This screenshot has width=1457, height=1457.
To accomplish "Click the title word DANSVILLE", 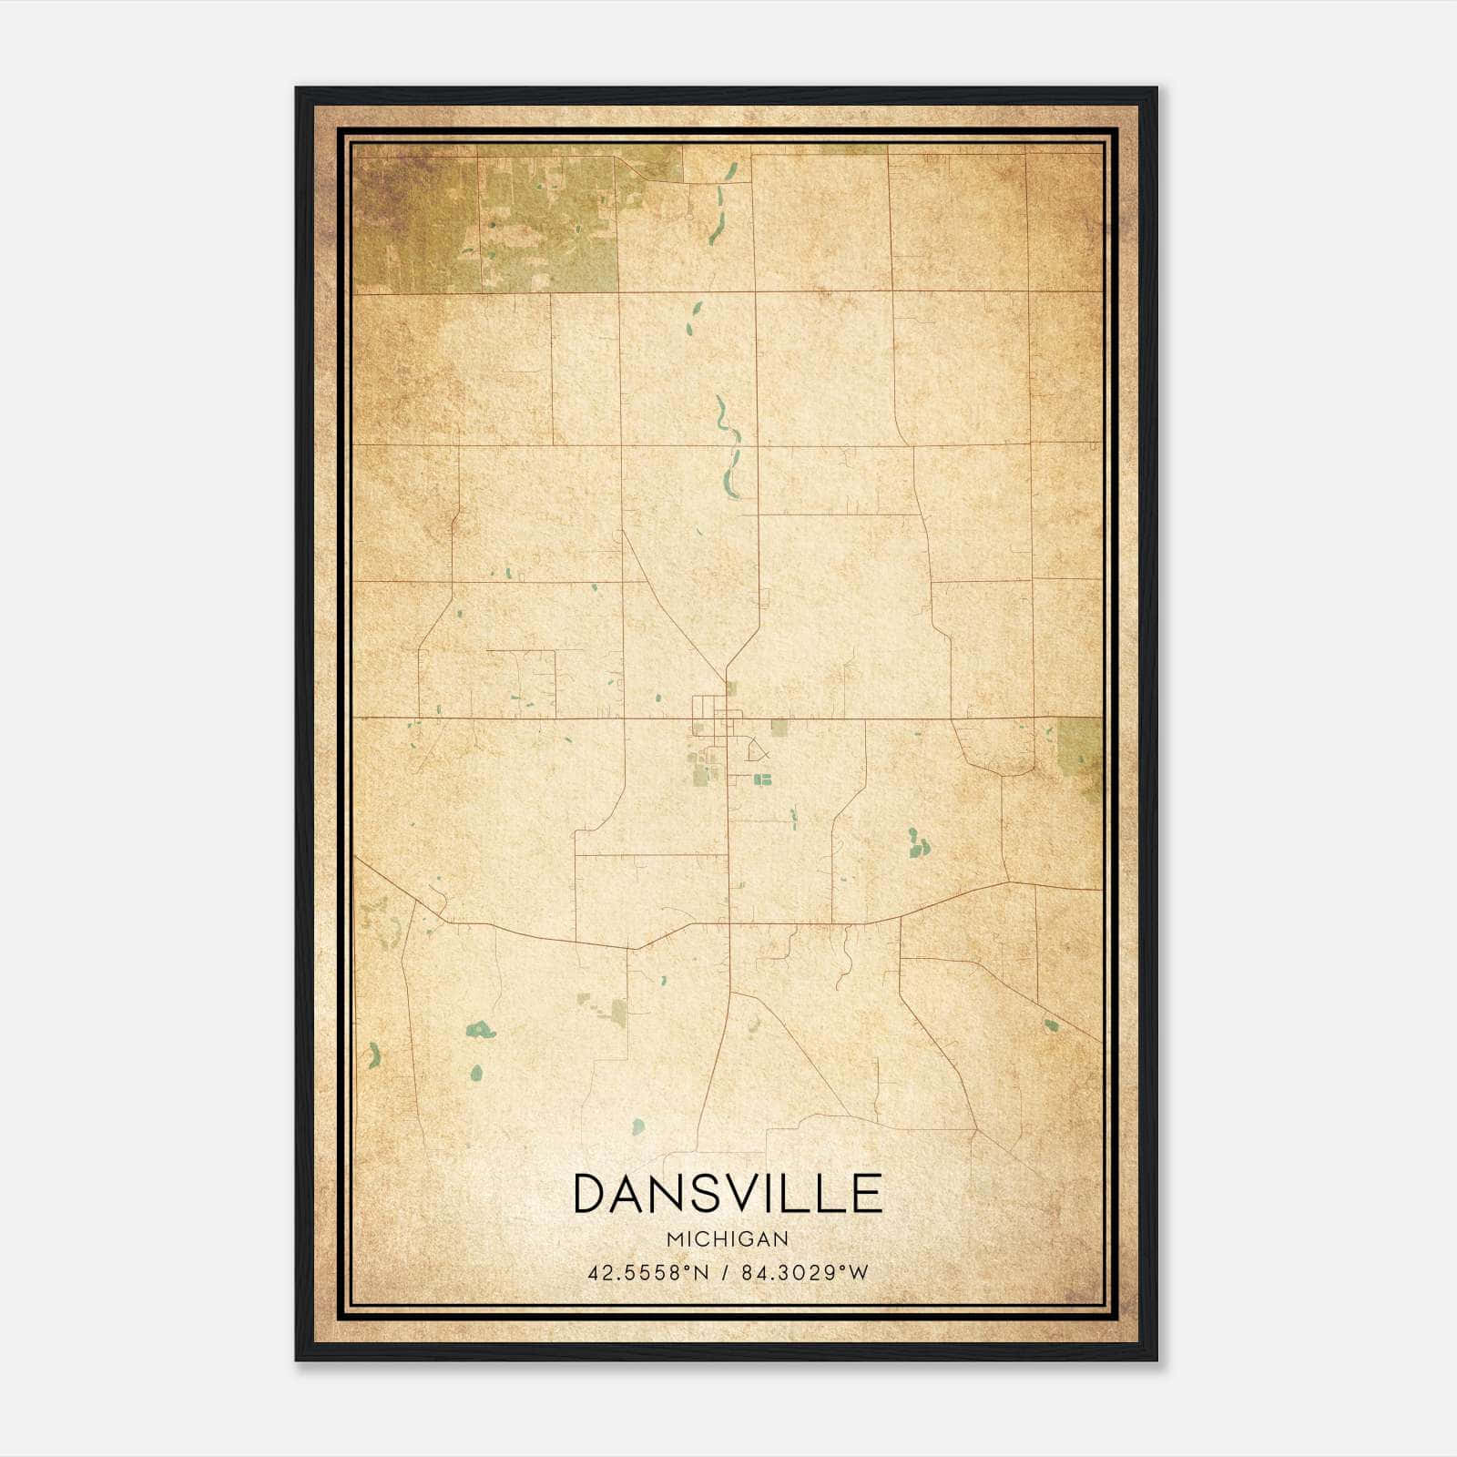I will (x=728, y=1193).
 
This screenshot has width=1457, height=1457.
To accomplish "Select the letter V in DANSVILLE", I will (x=754, y=1193).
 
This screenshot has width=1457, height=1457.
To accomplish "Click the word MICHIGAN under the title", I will (x=728, y=1238).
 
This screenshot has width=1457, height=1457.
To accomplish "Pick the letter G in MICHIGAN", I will (x=749, y=1238).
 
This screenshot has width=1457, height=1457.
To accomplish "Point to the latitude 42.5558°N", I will (x=647, y=1272).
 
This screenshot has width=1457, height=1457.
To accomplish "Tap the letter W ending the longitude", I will (x=859, y=1272).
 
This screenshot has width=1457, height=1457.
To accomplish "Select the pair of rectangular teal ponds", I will (x=761, y=779).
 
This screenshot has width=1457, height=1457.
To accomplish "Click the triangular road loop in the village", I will (x=757, y=750).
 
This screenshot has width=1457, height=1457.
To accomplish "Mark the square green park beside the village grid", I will (x=779, y=727).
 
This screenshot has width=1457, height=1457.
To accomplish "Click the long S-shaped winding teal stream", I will (x=728, y=446).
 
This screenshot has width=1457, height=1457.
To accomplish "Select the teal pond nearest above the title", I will (x=638, y=1126).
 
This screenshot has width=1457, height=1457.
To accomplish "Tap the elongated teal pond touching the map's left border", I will (x=373, y=1056).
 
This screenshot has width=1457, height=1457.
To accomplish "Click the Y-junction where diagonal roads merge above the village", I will (x=726, y=669).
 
